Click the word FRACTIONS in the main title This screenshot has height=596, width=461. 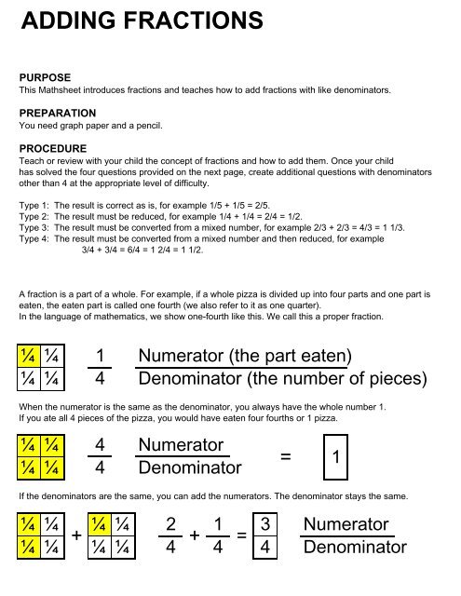tap(194, 20)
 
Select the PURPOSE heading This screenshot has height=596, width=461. tap(45, 77)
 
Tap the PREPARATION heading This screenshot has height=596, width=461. tap(58, 114)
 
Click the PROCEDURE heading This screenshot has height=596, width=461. tap(53, 149)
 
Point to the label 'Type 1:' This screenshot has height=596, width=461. tap(34, 206)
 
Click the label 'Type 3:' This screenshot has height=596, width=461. tap(34, 227)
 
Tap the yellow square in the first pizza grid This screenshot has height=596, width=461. tap(29, 356)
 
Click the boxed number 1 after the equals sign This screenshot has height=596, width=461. tap(335, 457)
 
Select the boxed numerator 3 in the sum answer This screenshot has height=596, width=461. tap(264, 524)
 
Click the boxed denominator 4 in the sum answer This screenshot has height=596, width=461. tap(264, 548)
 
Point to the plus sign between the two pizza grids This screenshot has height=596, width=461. tap(76, 535)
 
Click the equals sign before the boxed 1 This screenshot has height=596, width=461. tap(285, 456)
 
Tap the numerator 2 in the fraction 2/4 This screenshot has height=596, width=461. tap(170, 524)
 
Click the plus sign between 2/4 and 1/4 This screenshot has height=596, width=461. tap(195, 535)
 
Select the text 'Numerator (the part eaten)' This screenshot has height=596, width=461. tap(245, 356)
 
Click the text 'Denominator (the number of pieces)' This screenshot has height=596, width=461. tap(283, 379)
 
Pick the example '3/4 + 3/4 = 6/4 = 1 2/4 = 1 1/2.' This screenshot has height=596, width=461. tap(142, 251)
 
